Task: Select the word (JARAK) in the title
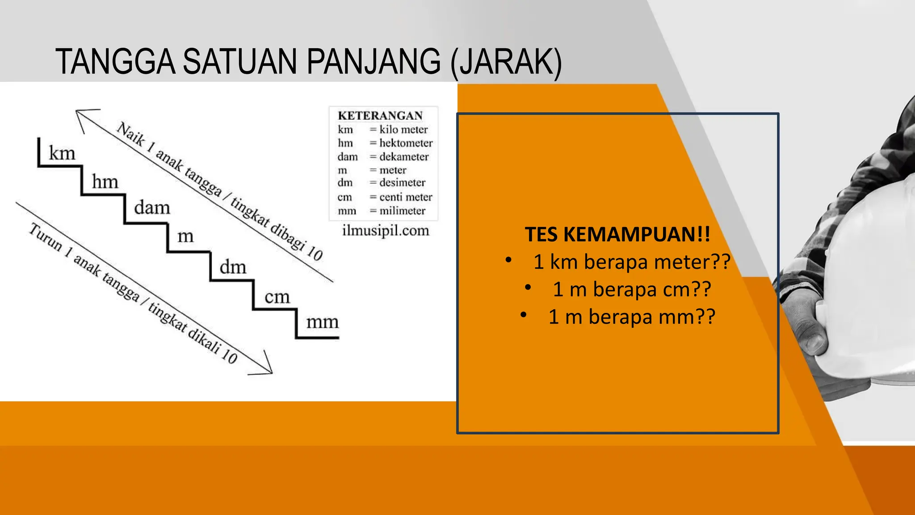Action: coord(506,63)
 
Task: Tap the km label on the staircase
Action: coord(62,153)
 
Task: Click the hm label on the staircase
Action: coord(105,182)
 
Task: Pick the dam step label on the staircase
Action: coord(152,208)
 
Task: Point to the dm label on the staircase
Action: coord(233,267)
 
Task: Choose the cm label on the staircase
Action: coord(277,297)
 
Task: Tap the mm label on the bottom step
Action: coord(322,322)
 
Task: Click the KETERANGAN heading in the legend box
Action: coord(380,116)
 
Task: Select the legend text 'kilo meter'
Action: coord(403,130)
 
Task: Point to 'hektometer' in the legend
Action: coord(406,143)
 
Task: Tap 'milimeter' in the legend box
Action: coord(402,211)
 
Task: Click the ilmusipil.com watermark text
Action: coord(385,231)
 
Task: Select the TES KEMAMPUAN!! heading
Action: coord(617,235)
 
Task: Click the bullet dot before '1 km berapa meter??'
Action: coord(508,260)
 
